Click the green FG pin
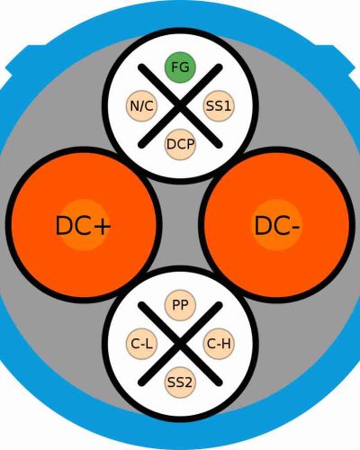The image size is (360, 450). click(180, 67)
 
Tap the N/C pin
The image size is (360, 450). click(141, 106)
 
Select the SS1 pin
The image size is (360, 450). click(219, 106)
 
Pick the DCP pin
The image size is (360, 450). click(180, 144)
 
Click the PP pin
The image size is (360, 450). click(180, 305)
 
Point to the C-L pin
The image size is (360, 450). click(141, 344)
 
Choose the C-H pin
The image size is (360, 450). click(219, 344)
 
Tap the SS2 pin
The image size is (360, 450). click(180, 382)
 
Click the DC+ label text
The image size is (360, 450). click(84, 226)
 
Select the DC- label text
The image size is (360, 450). click(276, 226)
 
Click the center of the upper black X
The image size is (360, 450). click(180, 106)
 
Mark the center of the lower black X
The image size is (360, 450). click(180, 344)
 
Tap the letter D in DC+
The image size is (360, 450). click(64, 226)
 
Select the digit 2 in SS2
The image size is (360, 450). click(187, 382)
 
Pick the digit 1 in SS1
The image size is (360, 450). click(227, 106)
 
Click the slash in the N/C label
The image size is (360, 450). click(141, 106)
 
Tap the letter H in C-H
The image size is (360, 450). click(227, 344)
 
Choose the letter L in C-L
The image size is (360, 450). click(149, 344)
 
